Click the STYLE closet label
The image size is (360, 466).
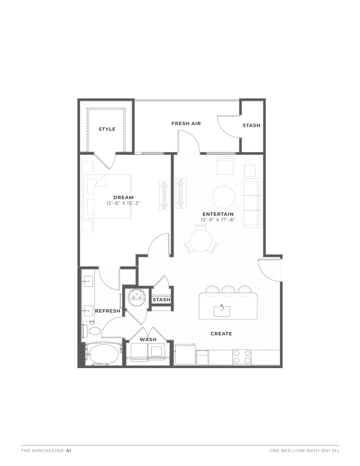point(107,129)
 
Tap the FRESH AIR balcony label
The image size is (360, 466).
point(186,123)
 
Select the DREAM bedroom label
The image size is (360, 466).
point(123,197)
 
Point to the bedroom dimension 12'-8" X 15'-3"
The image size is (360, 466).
point(123,203)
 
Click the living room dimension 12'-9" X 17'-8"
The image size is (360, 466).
point(218,220)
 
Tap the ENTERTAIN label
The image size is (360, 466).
point(218,214)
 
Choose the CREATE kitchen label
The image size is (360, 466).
point(221,334)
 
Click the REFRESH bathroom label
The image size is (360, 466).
point(107,311)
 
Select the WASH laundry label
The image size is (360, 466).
point(148,340)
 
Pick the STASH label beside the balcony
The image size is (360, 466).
point(251,126)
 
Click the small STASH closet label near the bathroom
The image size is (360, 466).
point(161,299)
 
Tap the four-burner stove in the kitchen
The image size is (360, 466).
point(242,357)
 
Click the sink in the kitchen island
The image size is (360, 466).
point(222,311)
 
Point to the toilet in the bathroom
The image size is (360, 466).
point(92,331)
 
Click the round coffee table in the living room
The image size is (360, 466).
point(224,197)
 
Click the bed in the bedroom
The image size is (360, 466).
point(107,197)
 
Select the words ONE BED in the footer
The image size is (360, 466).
point(280,450)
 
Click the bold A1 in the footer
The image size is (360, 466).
point(69,450)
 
